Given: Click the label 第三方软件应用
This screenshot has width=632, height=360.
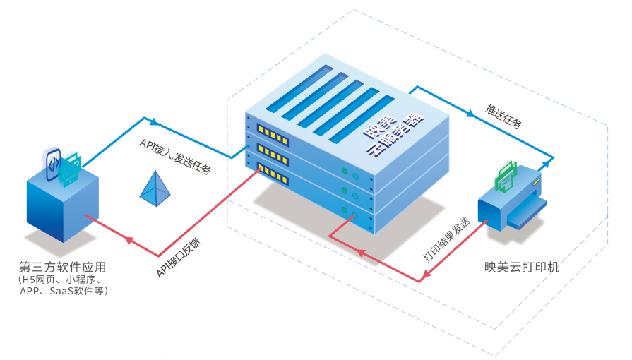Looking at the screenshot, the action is coord(62,267).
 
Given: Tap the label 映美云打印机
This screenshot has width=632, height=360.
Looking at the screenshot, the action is coord(522,267).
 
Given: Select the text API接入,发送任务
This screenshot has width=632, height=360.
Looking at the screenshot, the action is coord(175,157).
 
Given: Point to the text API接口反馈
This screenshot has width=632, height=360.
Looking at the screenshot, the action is coord(179,258).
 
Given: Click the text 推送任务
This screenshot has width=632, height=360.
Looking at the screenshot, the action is coord(503,116).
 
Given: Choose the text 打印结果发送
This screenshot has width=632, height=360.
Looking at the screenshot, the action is coord(446,239).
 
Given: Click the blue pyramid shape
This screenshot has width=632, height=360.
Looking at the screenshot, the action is coord(155,188).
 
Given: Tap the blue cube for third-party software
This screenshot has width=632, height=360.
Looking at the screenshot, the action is coord(63,203).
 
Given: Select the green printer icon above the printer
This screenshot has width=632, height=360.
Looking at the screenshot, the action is coord(506,176).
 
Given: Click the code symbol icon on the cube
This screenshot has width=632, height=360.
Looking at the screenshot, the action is coord(53,164).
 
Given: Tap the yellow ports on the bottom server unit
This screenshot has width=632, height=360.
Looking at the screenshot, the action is coord(273,174).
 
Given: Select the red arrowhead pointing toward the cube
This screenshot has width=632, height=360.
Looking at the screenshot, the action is coord(129,240).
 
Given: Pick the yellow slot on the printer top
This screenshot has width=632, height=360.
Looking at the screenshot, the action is coord(536,183).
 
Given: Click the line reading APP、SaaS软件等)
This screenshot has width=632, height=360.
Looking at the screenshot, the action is coord(64,291).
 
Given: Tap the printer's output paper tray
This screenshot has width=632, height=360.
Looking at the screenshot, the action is coord(526,214).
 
